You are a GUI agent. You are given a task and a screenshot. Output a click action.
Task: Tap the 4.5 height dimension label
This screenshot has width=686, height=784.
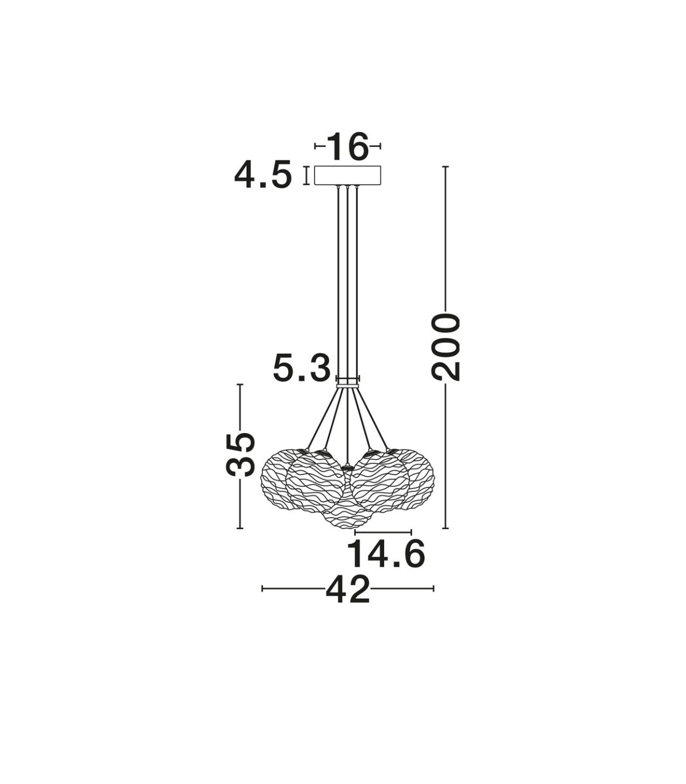(263, 176)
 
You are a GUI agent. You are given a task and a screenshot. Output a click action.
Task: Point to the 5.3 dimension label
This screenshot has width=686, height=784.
(302, 369)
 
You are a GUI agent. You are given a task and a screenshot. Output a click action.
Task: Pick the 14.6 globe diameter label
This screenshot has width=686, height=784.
(386, 554)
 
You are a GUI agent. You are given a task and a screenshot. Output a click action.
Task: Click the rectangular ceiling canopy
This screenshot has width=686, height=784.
(348, 175)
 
